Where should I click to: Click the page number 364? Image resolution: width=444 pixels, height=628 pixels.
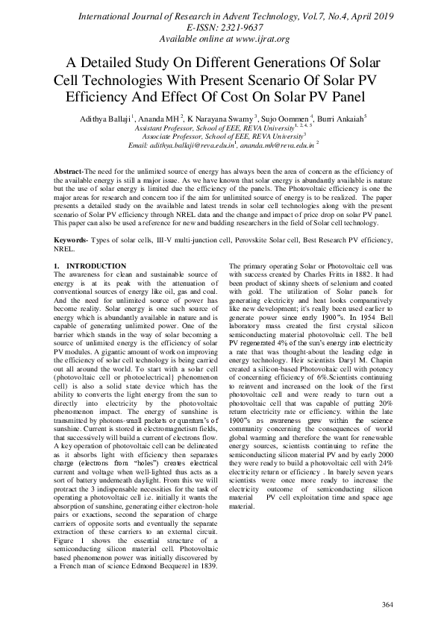386,603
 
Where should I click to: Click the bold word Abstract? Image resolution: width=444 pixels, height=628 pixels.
69,172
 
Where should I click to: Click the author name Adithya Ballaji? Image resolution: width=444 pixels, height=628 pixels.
103,118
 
